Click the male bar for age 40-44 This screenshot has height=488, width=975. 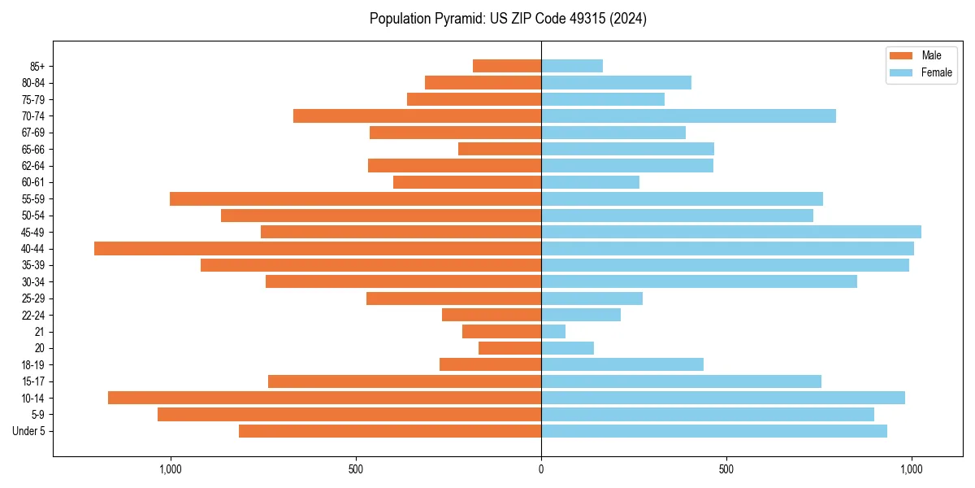coord(317,249)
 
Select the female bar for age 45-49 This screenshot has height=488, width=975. coord(731,232)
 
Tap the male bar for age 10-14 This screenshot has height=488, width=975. coord(325,398)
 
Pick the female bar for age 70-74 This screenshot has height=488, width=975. coord(688,116)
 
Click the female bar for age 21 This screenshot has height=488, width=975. coord(553,332)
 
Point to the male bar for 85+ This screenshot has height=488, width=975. coord(507,66)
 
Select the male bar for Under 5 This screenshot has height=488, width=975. coord(390,431)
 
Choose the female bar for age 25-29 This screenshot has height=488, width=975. coord(591,298)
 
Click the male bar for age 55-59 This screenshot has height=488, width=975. coord(355,199)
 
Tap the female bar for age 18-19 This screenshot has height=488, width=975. coord(622,364)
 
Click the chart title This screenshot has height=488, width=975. coord(508,19)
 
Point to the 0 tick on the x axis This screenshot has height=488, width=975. coord(541,469)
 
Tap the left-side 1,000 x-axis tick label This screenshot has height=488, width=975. coord(171,469)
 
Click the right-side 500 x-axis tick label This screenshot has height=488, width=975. coord(726,469)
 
